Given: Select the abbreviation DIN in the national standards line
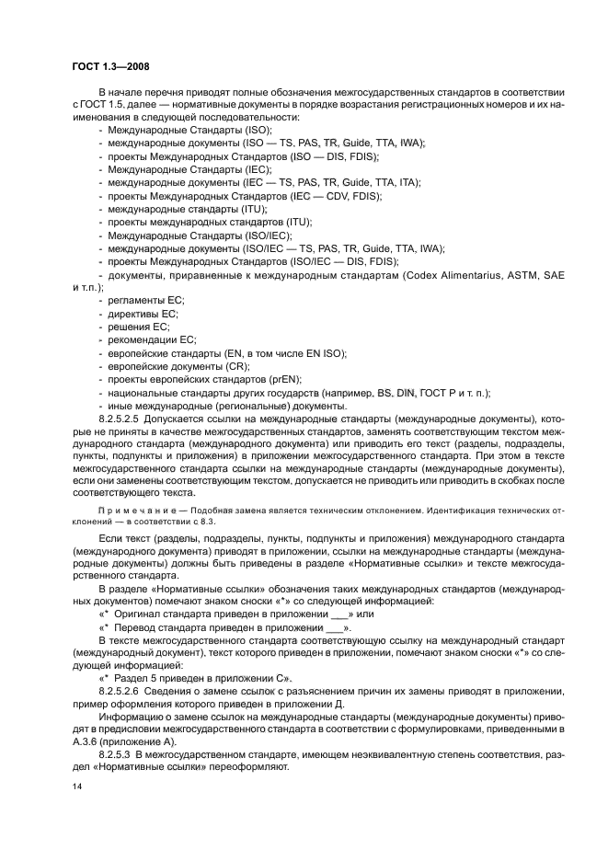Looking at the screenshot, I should point(408,392).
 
